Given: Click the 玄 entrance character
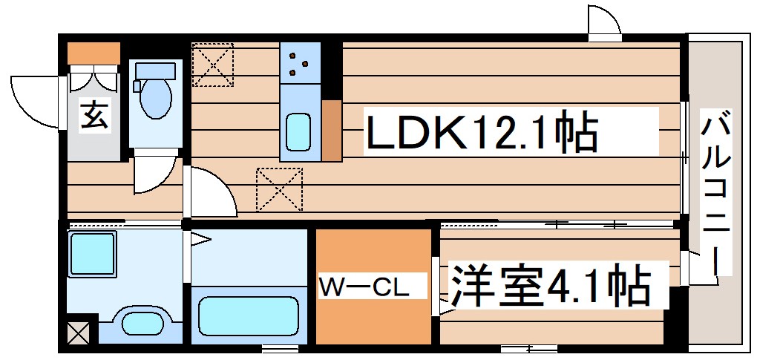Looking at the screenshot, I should (94, 117).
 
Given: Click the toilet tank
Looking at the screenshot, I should (155, 71).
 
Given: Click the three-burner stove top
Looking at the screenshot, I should (300, 63).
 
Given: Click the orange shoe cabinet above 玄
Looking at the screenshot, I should (94, 53).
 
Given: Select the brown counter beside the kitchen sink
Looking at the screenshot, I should (331, 129).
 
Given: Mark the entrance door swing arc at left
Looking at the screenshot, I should (33, 100).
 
